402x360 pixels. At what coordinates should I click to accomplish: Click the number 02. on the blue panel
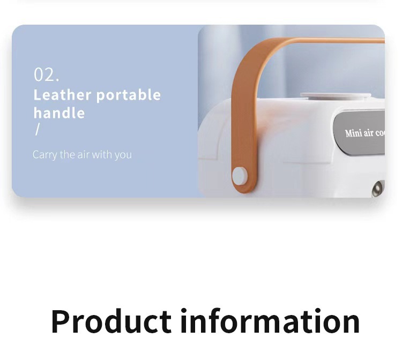(x=46, y=74)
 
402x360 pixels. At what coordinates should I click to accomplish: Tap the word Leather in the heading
(x=62, y=95)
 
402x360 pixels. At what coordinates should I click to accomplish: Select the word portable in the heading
(x=129, y=95)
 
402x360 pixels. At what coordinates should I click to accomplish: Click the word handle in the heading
(x=59, y=112)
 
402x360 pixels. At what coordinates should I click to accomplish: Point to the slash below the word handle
(x=38, y=129)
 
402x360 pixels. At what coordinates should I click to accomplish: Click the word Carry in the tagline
(x=44, y=155)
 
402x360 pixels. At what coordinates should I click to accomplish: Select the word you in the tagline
(x=123, y=155)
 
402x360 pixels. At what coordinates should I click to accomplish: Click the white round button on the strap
(x=240, y=176)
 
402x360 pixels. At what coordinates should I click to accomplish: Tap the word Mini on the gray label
(x=354, y=133)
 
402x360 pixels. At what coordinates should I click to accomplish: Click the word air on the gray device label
(x=369, y=133)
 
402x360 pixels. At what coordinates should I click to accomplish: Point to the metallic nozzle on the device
(x=378, y=189)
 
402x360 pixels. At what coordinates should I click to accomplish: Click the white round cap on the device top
(x=336, y=96)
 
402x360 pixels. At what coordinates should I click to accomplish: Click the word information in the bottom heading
(x=270, y=321)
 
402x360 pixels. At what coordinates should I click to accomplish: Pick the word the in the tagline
(x=68, y=154)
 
